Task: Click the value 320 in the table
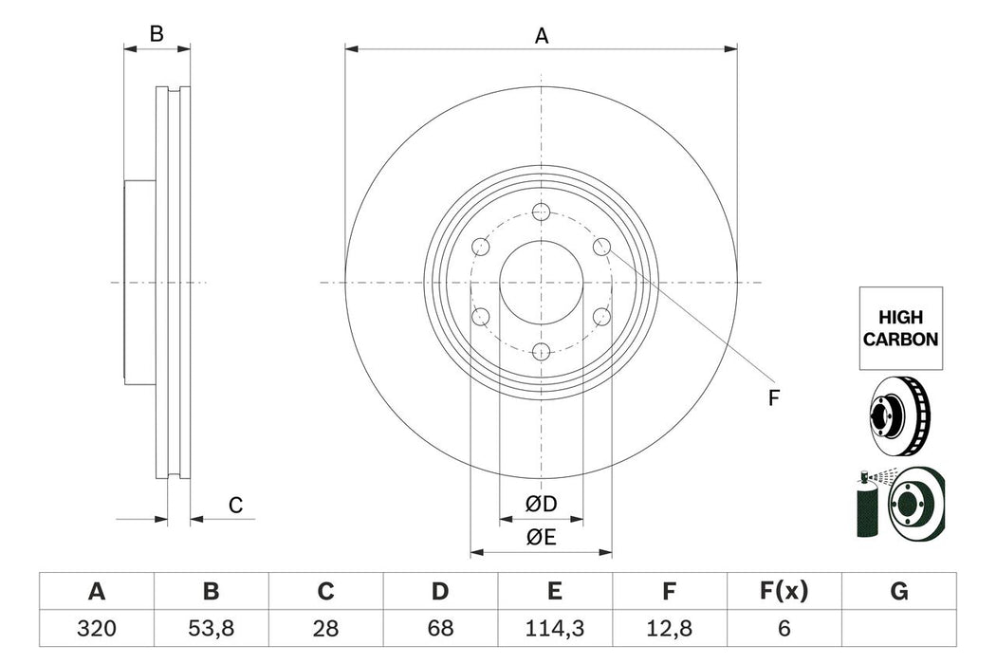(96, 627)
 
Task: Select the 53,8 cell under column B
(211, 627)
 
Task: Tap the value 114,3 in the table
(555, 627)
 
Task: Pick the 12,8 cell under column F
(669, 627)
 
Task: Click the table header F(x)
(784, 592)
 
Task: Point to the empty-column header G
(898, 592)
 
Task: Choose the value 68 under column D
(440, 627)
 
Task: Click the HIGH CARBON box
(901, 328)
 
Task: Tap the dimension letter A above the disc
(542, 36)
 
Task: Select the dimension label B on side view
(157, 34)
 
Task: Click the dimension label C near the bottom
(236, 506)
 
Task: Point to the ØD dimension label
(542, 504)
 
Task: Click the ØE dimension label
(542, 538)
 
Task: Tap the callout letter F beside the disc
(773, 398)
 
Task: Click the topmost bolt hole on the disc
(541, 212)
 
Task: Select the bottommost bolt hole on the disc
(541, 352)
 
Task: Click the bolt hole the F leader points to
(601, 247)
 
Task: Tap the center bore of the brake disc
(541, 282)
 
